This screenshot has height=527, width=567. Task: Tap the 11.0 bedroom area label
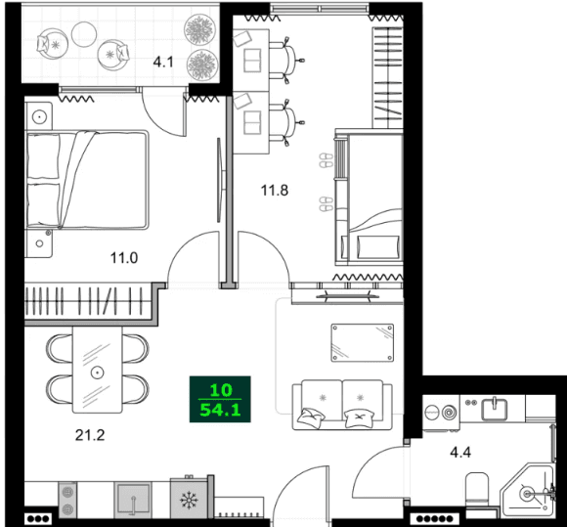122,259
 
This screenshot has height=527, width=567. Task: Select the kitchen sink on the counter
132,501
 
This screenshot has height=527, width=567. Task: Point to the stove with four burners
69,501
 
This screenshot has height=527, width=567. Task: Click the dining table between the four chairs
97,372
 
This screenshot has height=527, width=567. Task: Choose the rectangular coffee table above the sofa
362,343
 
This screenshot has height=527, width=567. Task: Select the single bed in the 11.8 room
373,199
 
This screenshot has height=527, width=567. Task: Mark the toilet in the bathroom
478,490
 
